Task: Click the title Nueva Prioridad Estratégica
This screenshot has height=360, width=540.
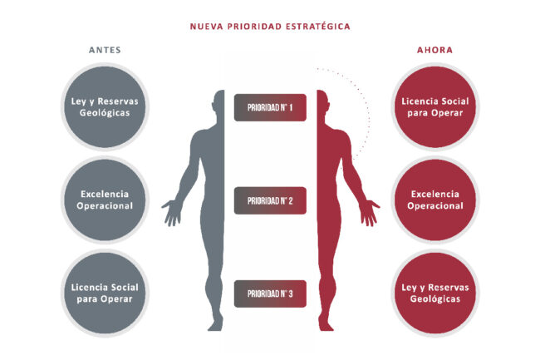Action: [270, 27]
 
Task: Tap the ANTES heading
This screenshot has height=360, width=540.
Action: [105, 50]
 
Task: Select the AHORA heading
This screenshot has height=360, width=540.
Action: [435, 50]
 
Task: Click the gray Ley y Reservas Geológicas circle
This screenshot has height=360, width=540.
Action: [105, 106]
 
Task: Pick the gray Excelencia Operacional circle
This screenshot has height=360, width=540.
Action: [105, 200]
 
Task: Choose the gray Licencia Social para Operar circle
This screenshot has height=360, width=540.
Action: [105, 293]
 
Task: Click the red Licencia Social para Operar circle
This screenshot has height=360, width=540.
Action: [435, 106]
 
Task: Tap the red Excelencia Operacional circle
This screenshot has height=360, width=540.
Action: [435, 200]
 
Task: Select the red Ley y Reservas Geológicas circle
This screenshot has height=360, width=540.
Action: [435, 293]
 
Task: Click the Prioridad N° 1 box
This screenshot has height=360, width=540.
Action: [270, 107]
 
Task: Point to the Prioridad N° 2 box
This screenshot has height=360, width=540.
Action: [270, 200]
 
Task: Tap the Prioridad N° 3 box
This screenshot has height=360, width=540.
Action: [270, 293]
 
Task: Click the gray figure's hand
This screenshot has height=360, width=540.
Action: [172, 213]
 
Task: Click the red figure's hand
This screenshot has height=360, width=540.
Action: [369, 213]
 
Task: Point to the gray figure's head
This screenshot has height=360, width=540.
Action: [219, 102]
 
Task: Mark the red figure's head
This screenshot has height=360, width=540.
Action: [322, 102]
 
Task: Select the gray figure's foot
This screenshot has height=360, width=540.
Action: [216, 325]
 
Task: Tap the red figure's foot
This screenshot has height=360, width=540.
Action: [326, 325]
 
